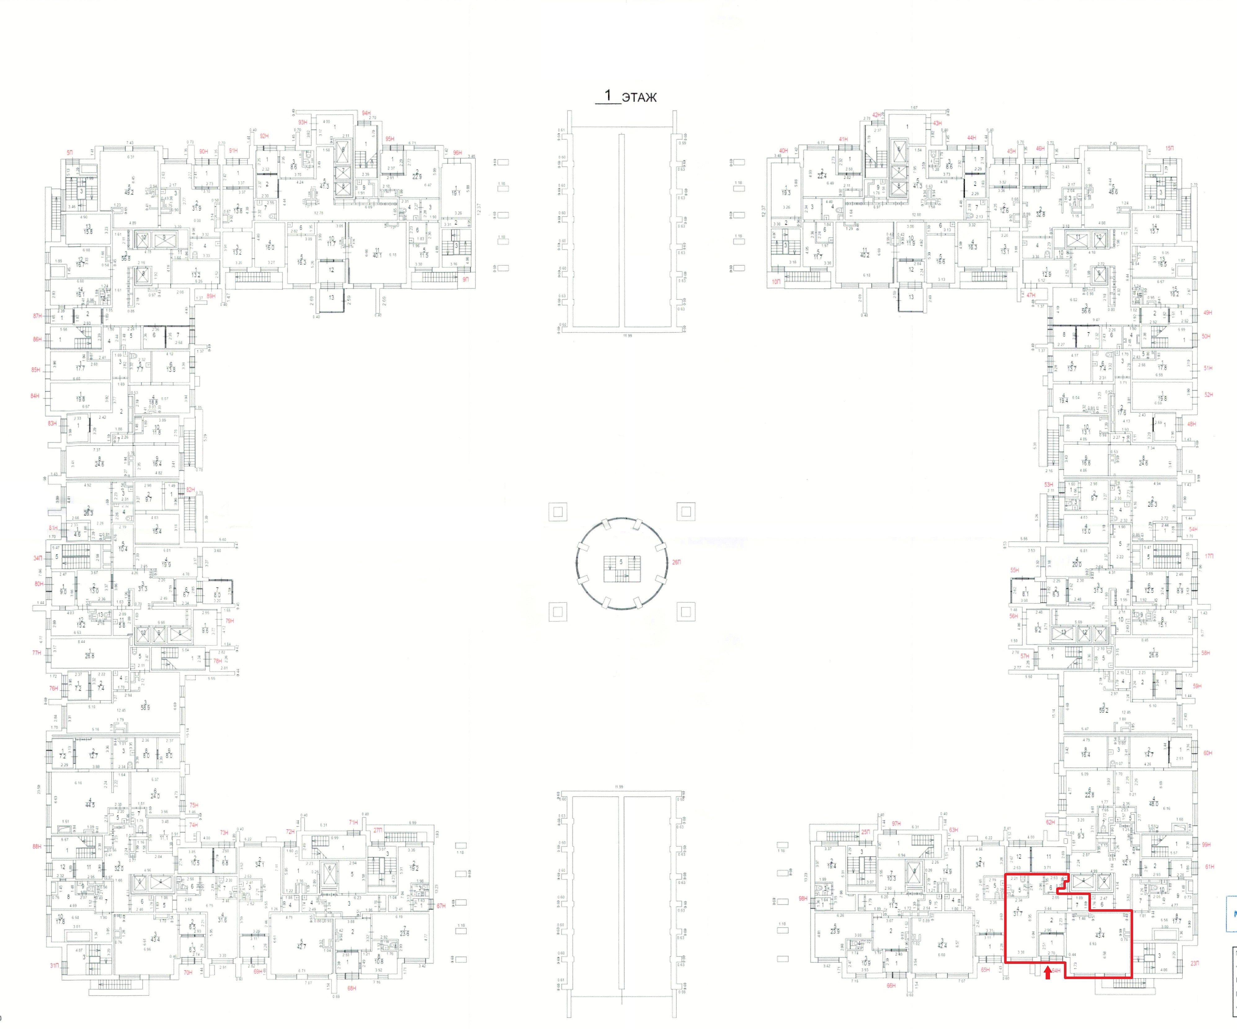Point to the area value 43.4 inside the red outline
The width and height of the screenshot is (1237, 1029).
tap(1099, 934)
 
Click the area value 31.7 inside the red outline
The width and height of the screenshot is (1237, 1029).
tap(1017, 914)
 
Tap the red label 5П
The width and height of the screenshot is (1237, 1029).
tap(70, 153)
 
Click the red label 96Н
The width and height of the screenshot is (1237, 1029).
tap(458, 153)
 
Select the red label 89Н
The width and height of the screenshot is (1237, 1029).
tap(211, 297)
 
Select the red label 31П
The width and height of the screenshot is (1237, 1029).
tap(54, 965)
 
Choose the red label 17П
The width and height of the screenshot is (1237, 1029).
tap(1209, 556)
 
